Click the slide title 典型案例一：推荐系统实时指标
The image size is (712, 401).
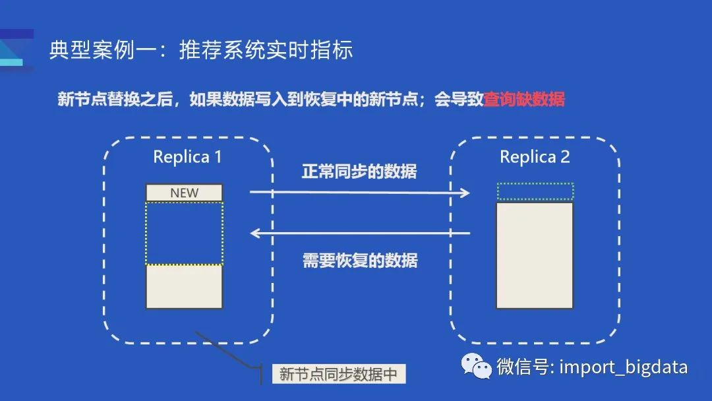coord(201,51)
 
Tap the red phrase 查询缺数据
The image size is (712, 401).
coord(524,100)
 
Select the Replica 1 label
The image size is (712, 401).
coord(187,157)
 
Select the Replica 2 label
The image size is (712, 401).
coord(535,157)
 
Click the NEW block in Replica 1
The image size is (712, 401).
coord(184,193)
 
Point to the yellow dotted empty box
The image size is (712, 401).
coord(184,233)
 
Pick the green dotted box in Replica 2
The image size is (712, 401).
coord(535,191)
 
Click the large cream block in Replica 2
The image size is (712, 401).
coord(535,255)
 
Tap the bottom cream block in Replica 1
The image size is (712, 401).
coord(184,286)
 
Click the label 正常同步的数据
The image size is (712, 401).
coord(359,171)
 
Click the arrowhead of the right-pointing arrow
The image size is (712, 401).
coord(465,193)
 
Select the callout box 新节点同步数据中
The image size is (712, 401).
coord(338,374)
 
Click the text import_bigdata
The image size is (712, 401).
coord(623,367)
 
